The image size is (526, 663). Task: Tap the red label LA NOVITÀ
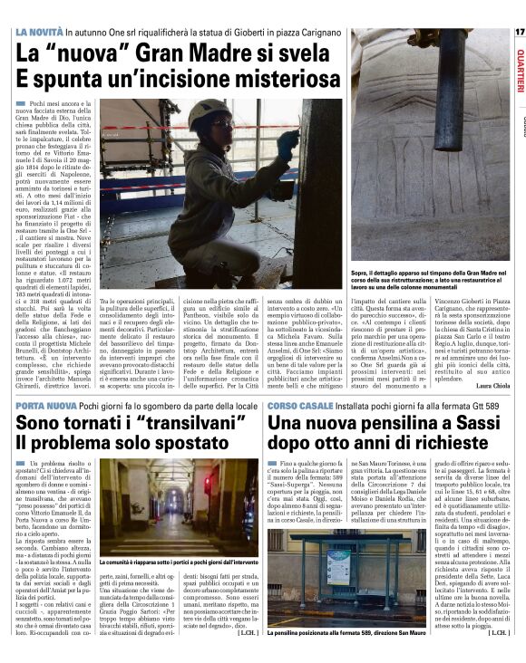coord(39,33)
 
